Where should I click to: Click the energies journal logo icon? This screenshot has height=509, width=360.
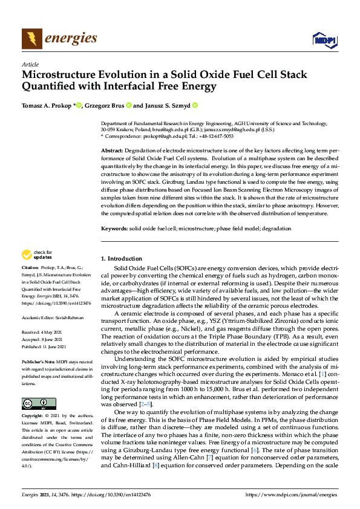(x=31, y=39)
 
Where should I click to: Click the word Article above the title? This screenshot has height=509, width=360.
(x=30, y=64)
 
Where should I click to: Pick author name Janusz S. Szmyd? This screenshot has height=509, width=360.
(x=167, y=105)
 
